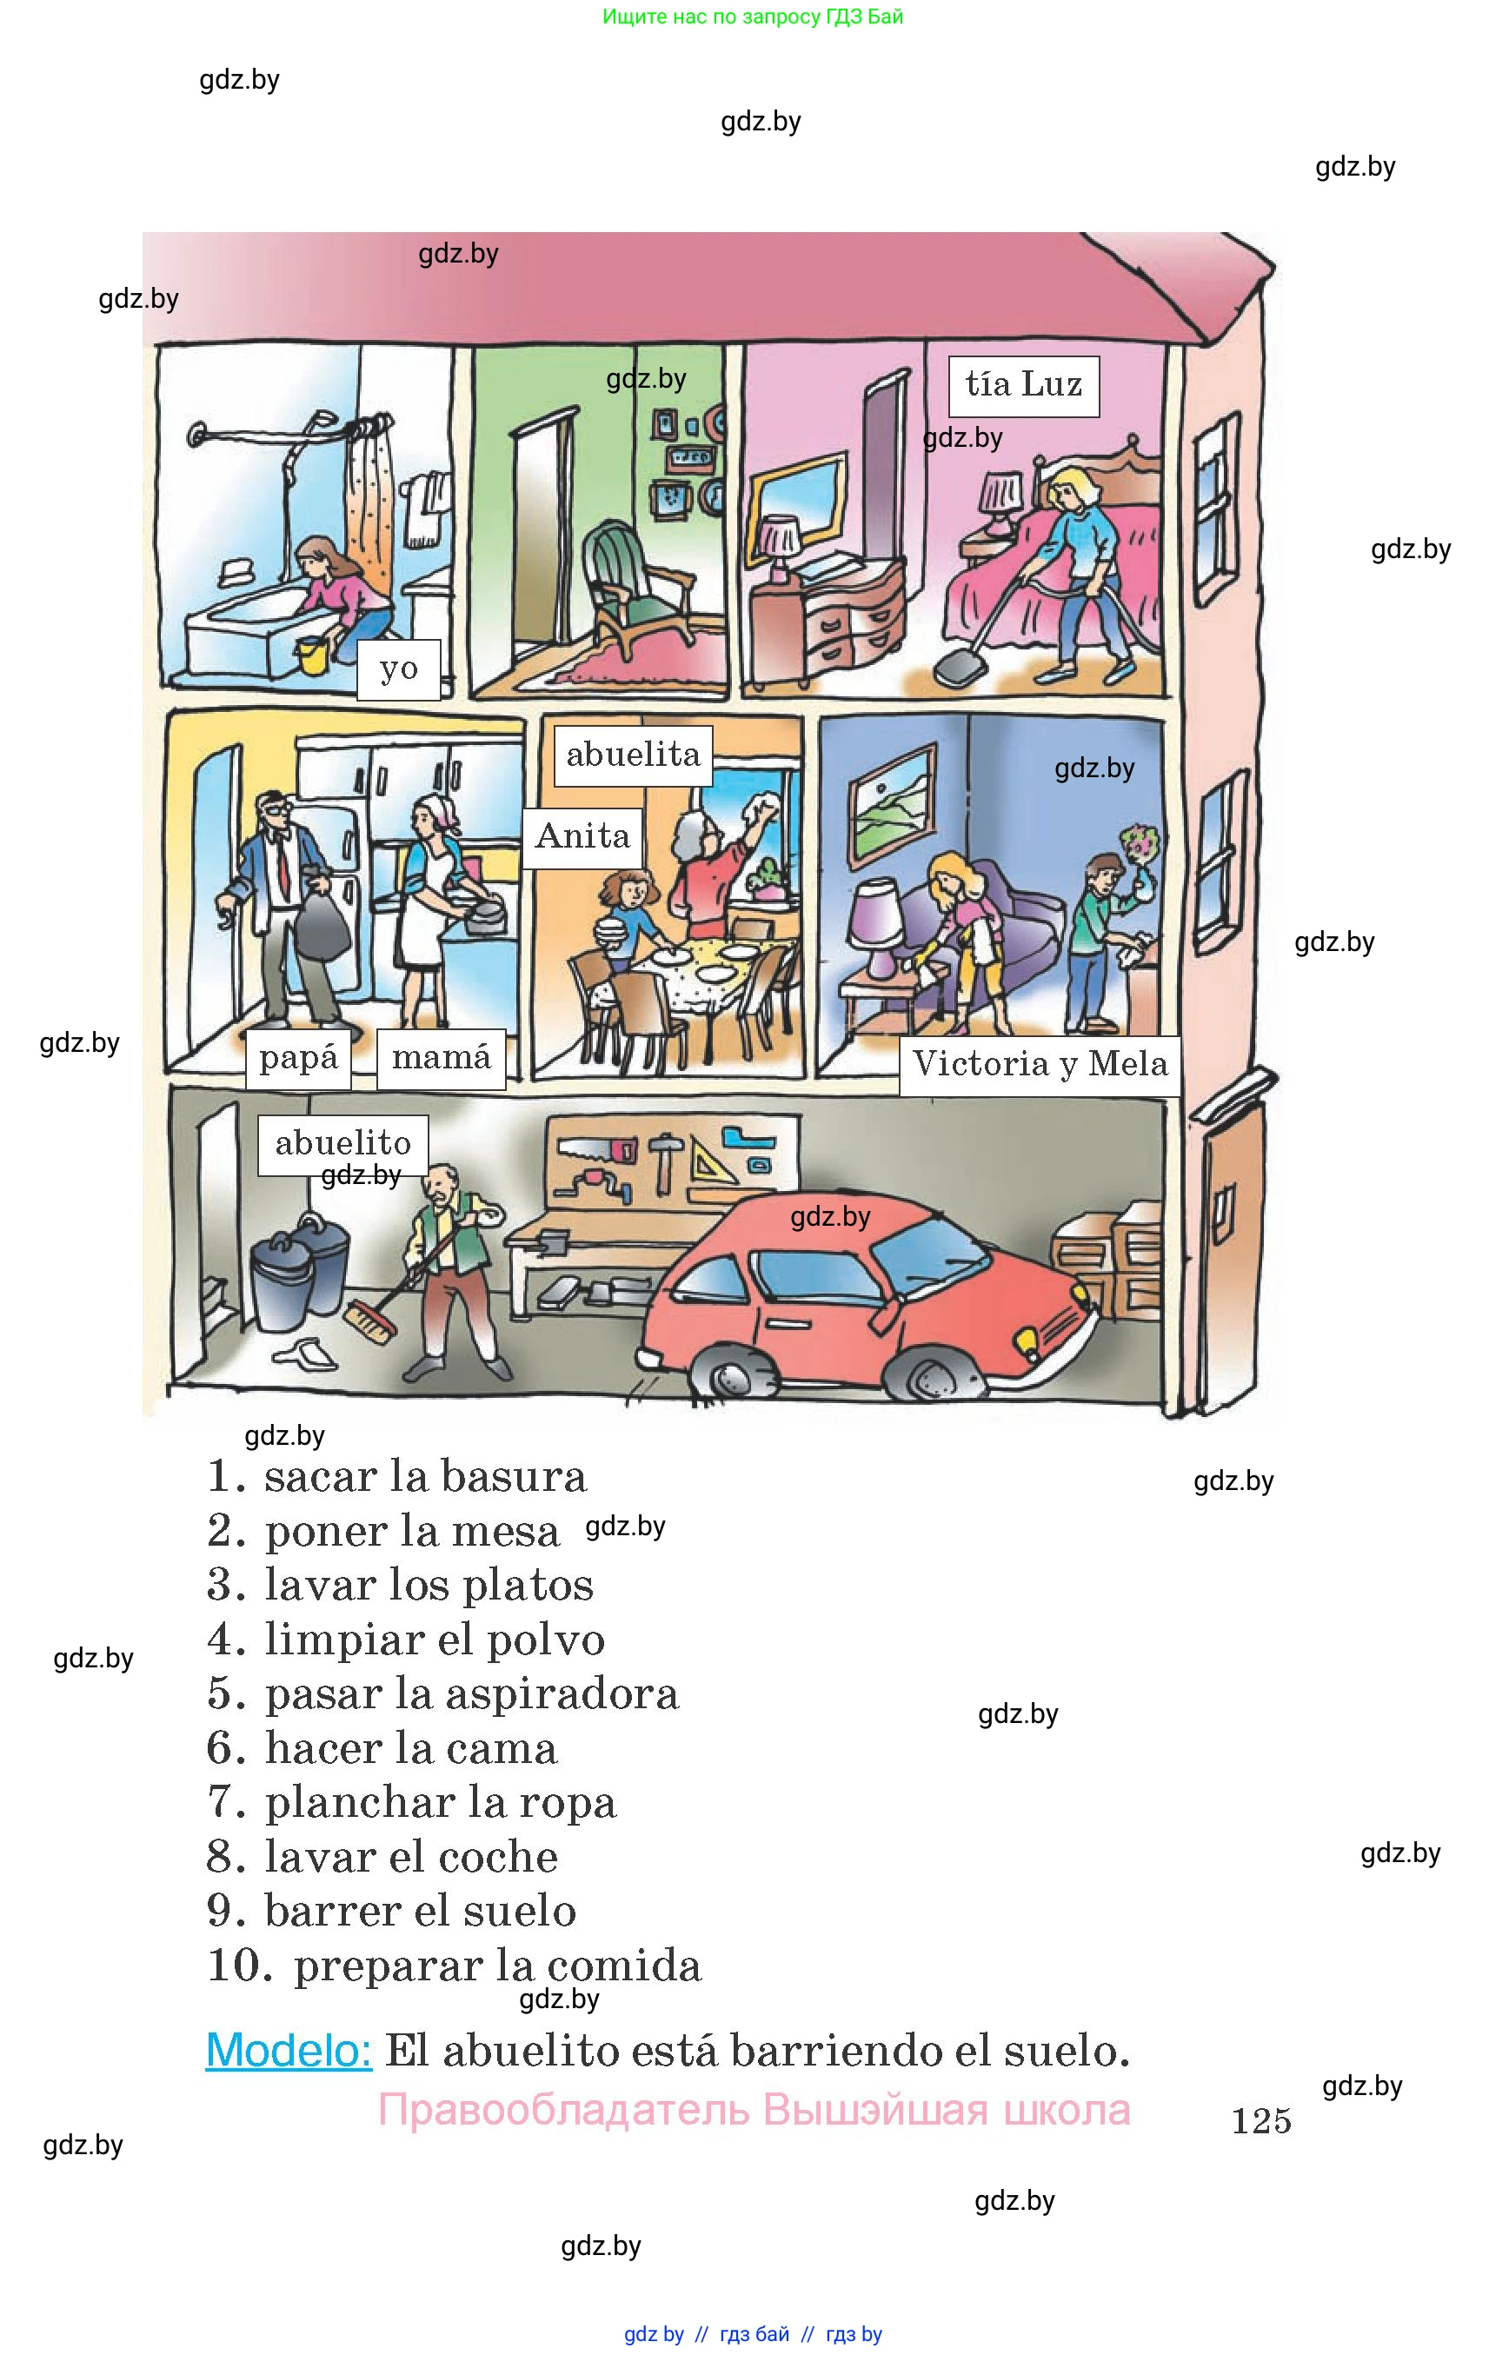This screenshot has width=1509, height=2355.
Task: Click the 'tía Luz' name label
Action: [x=1023, y=384]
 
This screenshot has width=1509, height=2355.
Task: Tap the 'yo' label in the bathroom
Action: [x=399, y=669]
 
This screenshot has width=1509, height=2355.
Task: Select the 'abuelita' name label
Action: [x=633, y=755]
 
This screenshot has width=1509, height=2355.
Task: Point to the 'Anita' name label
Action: [x=582, y=837]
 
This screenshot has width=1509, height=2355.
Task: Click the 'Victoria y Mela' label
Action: [x=1040, y=1064]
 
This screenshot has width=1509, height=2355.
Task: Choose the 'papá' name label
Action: [x=298, y=1059]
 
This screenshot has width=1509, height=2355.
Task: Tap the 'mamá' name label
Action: [x=441, y=1059]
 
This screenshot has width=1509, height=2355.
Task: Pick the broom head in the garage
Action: [x=370, y=1323]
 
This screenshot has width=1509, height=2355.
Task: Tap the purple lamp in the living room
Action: [x=877, y=921]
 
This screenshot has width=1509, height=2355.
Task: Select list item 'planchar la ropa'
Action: [x=440, y=1801]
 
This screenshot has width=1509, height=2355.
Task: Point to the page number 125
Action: [x=1261, y=2121]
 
